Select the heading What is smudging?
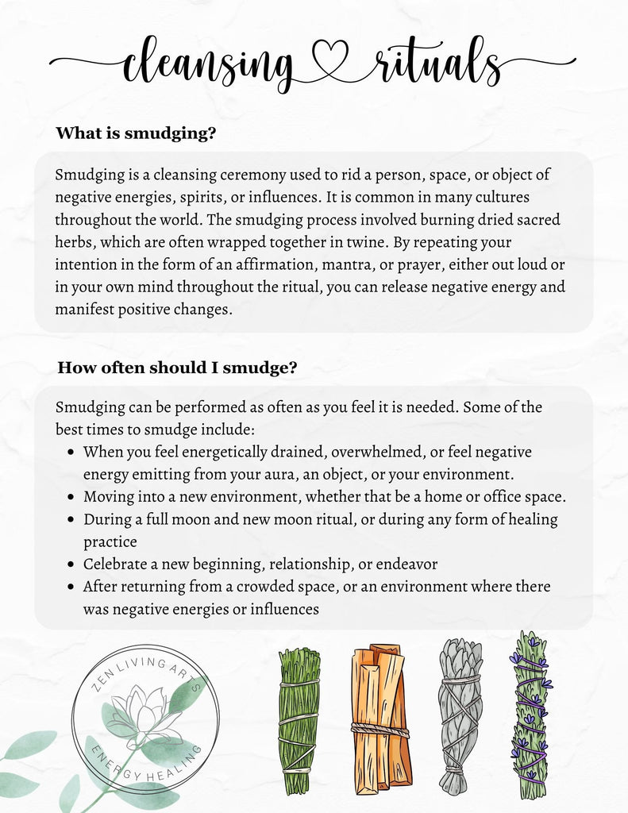click(x=136, y=133)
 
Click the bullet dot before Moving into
click(x=71, y=498)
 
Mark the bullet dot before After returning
click(x=71, y=588)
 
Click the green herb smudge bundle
click(x=299, y=720)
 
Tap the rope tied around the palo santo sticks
click(x=381, y=729)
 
